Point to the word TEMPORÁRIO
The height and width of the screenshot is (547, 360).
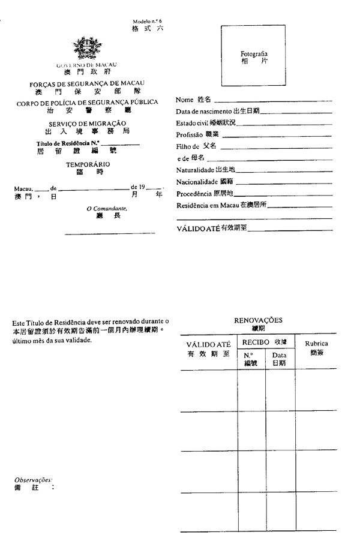coord(88,164)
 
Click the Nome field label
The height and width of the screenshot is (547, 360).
coord(185,100)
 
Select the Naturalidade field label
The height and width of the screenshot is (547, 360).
coord(195,170)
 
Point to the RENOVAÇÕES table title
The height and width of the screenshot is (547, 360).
coord(258,320)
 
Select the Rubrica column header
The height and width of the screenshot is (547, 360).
coord(316,344)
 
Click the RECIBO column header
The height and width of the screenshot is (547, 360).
coord(255,341)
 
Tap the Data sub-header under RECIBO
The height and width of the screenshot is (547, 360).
coord(280,356)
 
